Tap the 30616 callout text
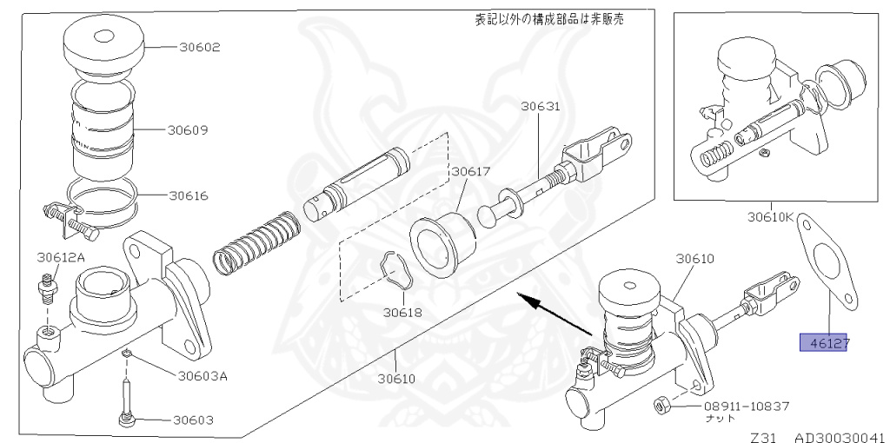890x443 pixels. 189,195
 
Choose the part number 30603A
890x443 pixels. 203,376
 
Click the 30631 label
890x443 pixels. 541,108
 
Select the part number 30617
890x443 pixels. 470,172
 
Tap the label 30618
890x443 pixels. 401,310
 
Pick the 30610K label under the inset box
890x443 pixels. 770,217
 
